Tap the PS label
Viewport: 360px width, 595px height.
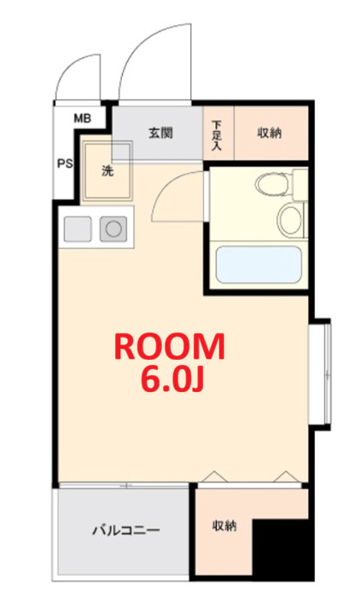pyautogui.click(x=65, y=165)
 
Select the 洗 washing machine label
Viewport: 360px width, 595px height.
pyautogui.click(x=107, y=170)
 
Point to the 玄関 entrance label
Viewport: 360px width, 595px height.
pyautogui.click(x=160, y=133)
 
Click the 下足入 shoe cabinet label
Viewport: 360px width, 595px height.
pyautogui.click(x=217, y=134)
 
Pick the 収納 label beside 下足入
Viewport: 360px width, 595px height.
pyautogui.click(x=270, y=133)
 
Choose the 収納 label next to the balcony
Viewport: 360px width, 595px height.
pyautogui.click(x=225, y=526)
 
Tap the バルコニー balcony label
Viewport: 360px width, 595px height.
pyautogui.click(x=125, y=531)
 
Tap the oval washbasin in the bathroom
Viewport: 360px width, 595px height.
pyautogui.click(x=289, y=218)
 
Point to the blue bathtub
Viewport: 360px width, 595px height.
pyautogui.click(x=258, y=265)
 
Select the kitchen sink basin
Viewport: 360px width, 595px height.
pyautogui.click(x=77, y=228)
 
